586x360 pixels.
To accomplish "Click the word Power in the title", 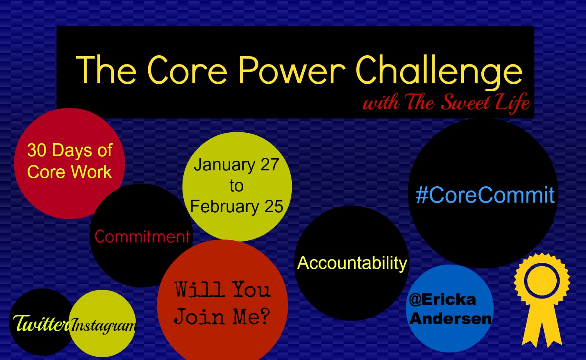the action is [292, 70].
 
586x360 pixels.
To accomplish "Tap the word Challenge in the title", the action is [439, 72].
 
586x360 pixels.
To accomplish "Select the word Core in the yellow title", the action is [188, 70].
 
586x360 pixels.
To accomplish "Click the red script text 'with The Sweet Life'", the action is [447, 103].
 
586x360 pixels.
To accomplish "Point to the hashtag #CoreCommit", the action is [485, 195].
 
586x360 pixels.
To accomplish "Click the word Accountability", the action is [352, 263].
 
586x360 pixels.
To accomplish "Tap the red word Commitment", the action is [142, 237].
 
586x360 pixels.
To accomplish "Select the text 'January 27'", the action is [236, 165].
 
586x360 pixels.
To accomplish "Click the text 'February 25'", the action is [237, 206].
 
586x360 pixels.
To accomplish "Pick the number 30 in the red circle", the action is [37, 150].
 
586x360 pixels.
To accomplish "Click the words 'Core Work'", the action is [69, 172].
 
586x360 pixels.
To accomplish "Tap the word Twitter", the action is [41, 323].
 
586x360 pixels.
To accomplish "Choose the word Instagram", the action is [104, 326].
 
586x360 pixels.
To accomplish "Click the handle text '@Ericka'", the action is [442, 300].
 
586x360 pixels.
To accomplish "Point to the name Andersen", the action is [450, 319].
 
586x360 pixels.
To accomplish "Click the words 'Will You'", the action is [222, 289].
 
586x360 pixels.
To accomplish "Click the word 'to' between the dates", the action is [236, 186].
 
